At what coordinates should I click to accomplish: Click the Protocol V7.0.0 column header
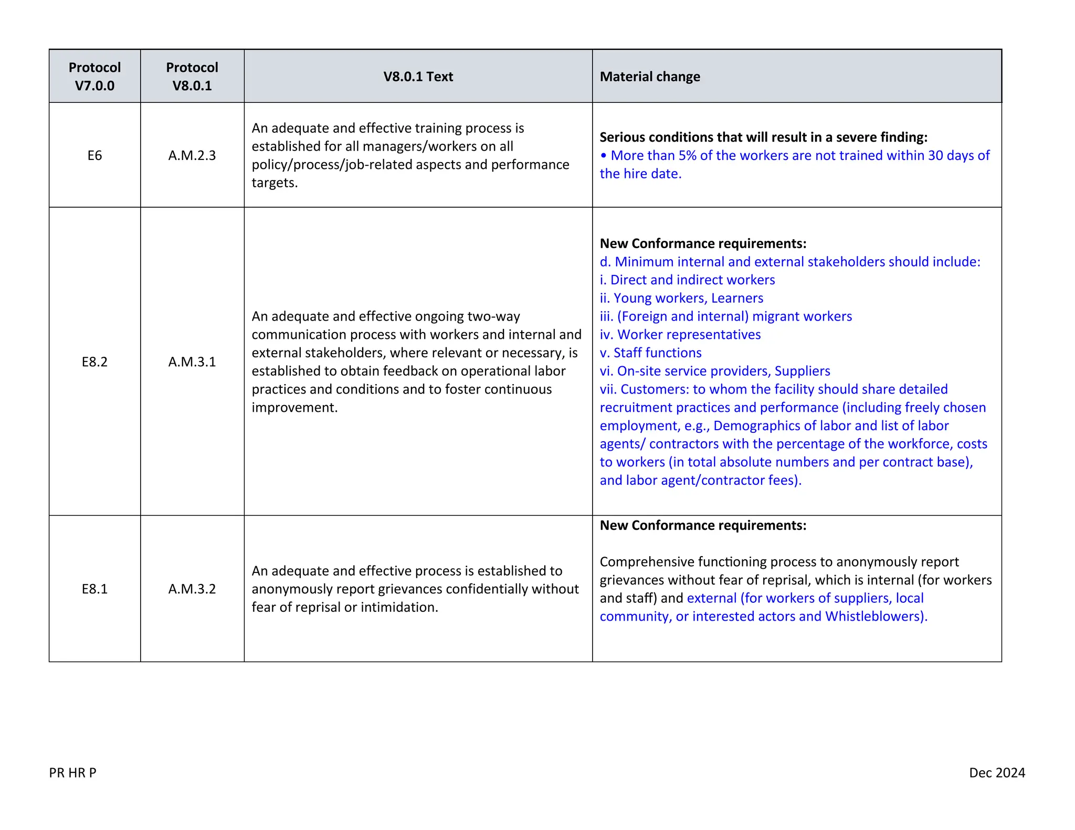coord(94,76)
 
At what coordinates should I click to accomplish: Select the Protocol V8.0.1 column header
coord(192,76)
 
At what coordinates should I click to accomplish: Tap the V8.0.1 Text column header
coord(418,77)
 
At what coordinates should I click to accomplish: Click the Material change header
coord(650,77)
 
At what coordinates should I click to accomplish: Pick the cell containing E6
coord(94,155)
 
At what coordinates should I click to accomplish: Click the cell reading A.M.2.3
coord(192,155)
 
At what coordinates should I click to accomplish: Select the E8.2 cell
coord(94,361)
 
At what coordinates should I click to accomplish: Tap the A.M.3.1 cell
coord(192,361)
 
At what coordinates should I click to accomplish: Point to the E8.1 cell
coord(94,589)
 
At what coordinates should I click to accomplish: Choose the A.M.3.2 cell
coord(192,589)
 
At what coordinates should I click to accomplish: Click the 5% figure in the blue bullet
coord(687,155)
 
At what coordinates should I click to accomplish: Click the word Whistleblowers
coord(873,616)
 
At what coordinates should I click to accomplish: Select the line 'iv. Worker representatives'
coord(680,334)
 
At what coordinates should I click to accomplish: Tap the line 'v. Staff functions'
coord(651,353)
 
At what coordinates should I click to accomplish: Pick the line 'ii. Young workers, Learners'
coord(681,298)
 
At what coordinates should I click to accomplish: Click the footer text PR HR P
coord(72,772)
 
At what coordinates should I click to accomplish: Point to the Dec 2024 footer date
coord(997,772)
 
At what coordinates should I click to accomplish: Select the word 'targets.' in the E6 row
coord(275,183)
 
